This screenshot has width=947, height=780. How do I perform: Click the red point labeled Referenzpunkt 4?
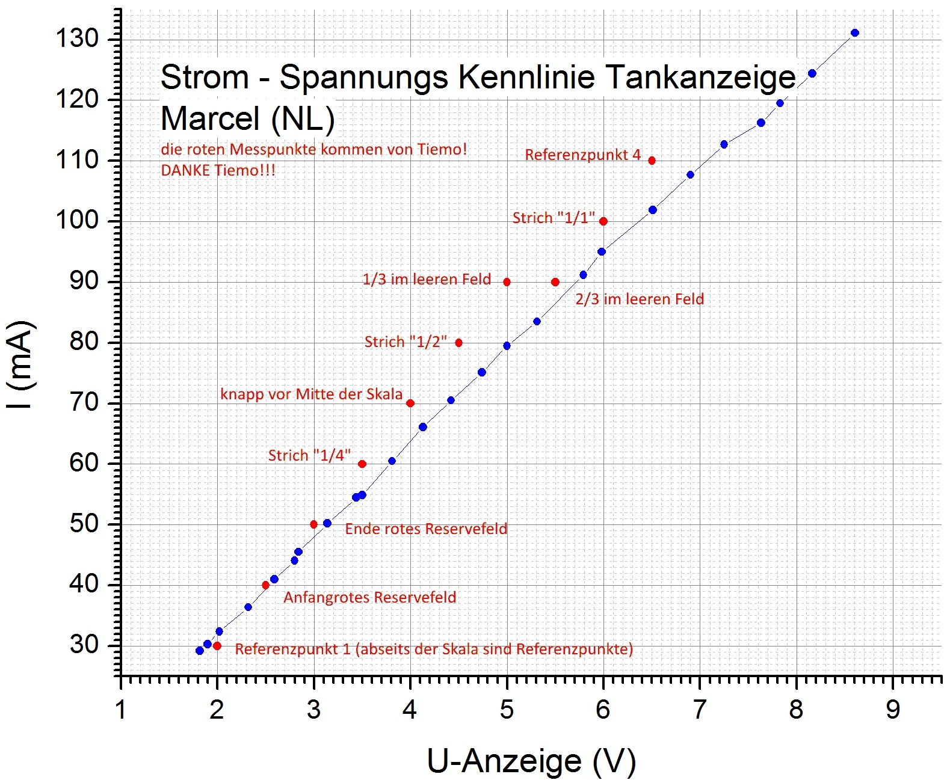coord(652,161)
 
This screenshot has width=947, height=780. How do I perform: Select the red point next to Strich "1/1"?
coord(603,221)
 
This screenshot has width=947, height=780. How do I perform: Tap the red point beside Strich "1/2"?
coord(458,343)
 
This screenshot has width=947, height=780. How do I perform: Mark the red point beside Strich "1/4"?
coord(362,464)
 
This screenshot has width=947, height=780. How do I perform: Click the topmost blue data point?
coord(855,33)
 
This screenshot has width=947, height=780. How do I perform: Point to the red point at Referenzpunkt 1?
coord(217,646)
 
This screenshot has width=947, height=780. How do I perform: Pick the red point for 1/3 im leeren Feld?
coord(507,282)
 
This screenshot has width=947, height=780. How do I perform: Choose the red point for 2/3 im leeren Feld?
coord(555,282)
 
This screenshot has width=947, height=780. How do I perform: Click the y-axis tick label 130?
coord(76,38)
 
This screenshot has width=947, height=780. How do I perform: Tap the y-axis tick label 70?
coord(84,402)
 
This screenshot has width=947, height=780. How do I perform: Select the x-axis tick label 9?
coord(893,710)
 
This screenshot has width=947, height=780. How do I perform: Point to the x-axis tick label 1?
coord(121,710)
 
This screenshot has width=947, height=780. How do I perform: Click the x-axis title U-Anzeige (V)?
coord(531,761)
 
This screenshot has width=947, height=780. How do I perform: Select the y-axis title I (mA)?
coord(21,365)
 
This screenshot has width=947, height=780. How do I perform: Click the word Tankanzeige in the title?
coord(700,78)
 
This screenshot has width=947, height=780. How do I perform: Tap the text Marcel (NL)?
coord(247,118)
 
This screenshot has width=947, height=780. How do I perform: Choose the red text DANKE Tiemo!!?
coord(218,170)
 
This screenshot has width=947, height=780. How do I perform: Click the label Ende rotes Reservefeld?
coord(426,529)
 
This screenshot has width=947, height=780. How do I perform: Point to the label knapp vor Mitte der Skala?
coord(311,395)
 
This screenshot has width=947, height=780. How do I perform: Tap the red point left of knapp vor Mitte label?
coord(410,404)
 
